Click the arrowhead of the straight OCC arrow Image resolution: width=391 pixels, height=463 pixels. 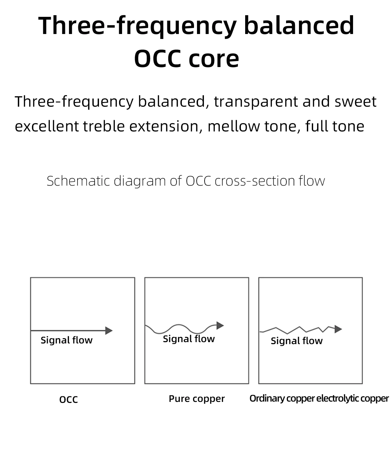[x=109, y=330]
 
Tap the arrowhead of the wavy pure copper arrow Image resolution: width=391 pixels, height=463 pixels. [x=220, y=325]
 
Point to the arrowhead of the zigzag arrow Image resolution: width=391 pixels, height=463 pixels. [x=338, y=329]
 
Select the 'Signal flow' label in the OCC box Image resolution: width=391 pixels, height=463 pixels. [x=67, y=340]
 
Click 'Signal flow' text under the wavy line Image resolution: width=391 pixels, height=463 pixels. [x=189, y=339]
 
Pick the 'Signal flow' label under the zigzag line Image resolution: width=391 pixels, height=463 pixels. [x=297, y=341]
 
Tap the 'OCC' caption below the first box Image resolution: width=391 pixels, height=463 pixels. [x=69, y=400]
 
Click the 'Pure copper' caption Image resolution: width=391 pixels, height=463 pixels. [x=197, y=399]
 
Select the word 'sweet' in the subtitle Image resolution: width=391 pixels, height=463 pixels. [x=355, y=102]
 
